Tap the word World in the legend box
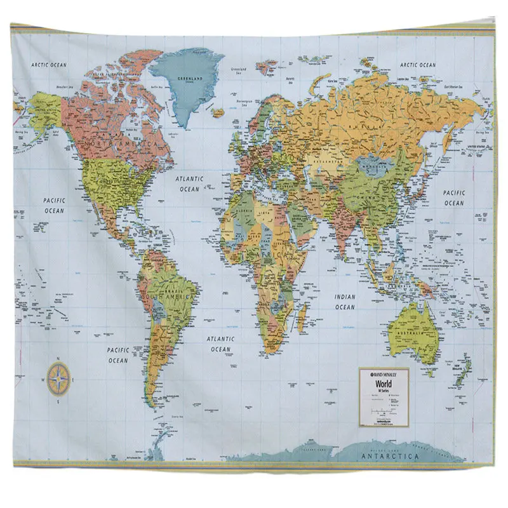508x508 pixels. [383, 384]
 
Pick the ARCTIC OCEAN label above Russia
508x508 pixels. [418, 65]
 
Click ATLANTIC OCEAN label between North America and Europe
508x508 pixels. [189, 184]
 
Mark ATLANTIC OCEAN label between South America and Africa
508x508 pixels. [221, 344]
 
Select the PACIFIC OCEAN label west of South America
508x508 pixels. [117, 355]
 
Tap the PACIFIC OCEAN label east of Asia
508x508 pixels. [454, 197]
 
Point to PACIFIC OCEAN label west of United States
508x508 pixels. [54, 205]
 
